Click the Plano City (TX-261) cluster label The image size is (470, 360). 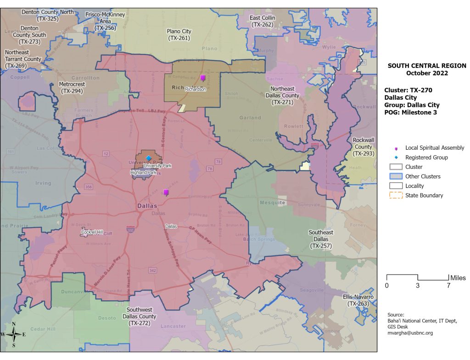coord(179,34)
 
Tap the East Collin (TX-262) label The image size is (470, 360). coord(262,21)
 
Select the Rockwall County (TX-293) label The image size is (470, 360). coord(363,146)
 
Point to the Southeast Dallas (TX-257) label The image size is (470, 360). coord(321,239)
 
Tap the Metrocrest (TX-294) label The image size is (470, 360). coord(71,88)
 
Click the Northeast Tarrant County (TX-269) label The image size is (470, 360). coord(23,59)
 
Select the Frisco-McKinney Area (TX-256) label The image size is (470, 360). coord(105,21)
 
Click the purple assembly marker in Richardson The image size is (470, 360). coord(203,78)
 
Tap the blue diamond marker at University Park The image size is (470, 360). coord(148,158)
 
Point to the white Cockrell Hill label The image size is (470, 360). coord(92,232)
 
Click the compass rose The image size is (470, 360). coord(14,335)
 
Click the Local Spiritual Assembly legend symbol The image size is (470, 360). coord(396,148)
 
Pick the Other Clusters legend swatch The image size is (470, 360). coord(396,176)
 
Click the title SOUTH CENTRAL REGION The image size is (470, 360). coord(427,66)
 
